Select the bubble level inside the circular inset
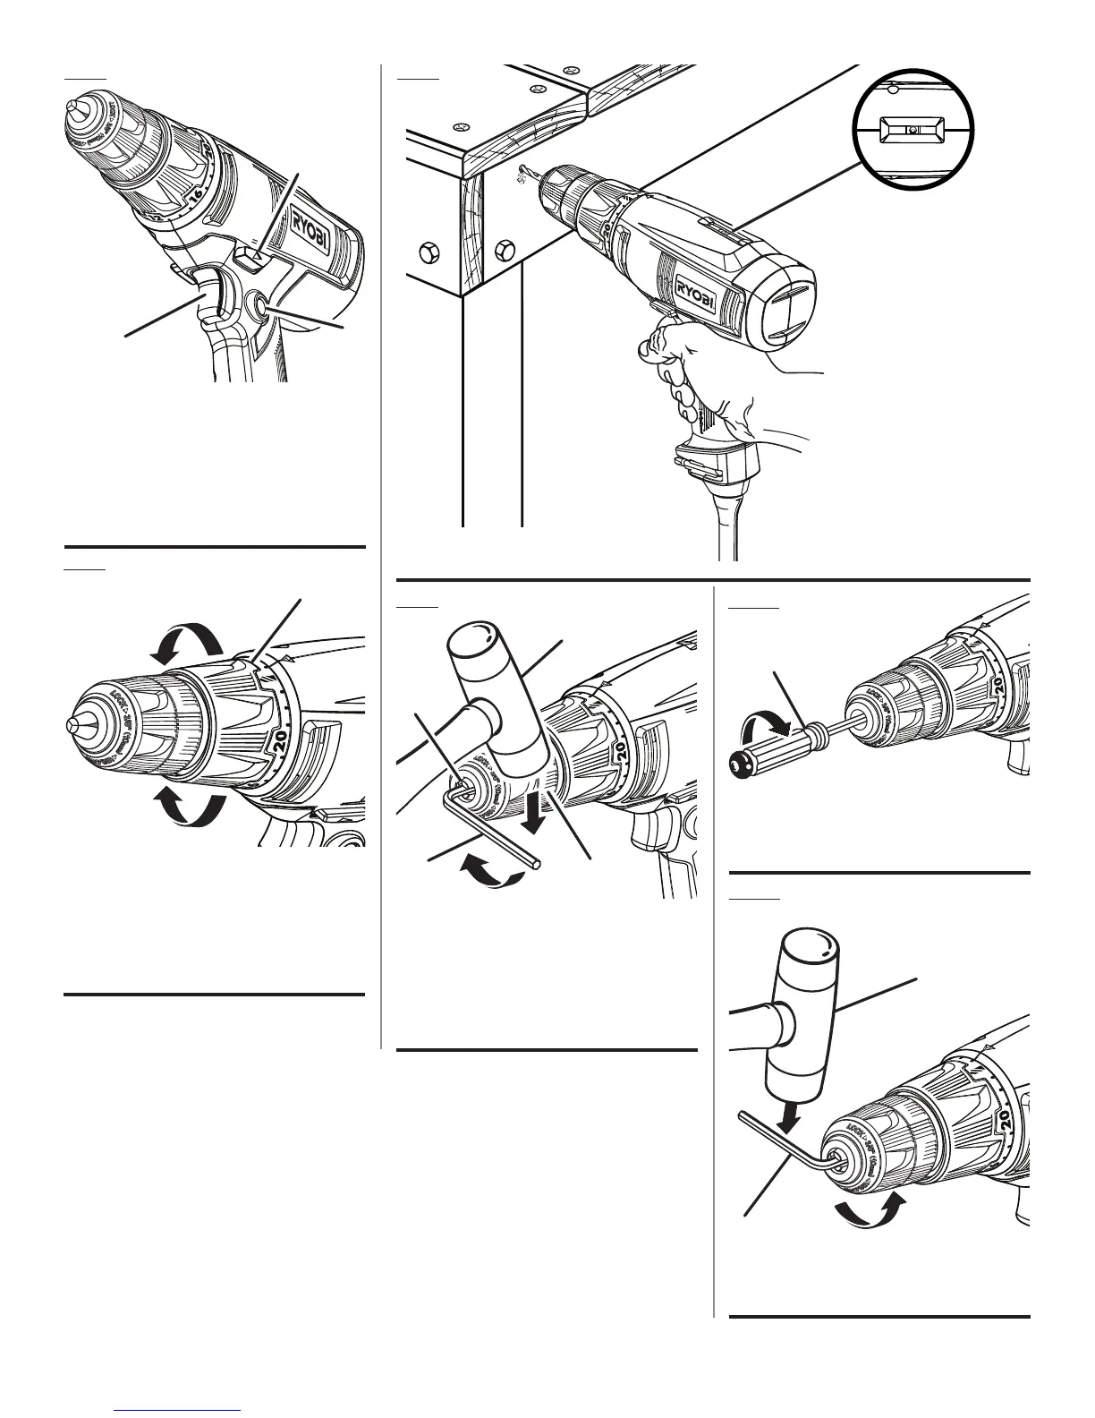point(911,131)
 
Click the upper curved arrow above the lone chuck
point(186,639)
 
